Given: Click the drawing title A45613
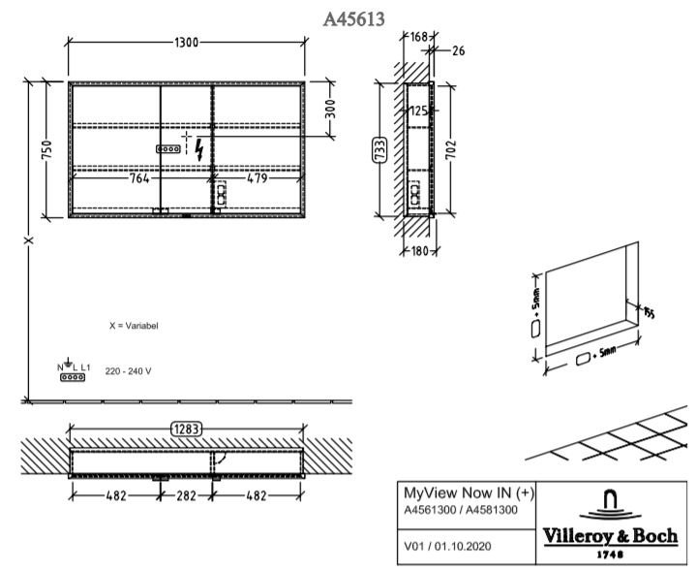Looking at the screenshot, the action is click(x=353, y=19).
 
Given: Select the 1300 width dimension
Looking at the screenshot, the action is click(x=187, y=43).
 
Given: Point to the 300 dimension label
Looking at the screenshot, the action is click(x=331, y=110).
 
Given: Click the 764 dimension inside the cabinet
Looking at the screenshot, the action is click(x=139, y=178).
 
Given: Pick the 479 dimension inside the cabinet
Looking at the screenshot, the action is click(x=257, y=178).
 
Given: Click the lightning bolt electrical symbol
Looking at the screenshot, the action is click(x=199, y=149).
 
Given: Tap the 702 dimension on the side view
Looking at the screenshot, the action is click(x=450, y=149).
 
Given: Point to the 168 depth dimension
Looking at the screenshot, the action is click(x=418, y=37).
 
